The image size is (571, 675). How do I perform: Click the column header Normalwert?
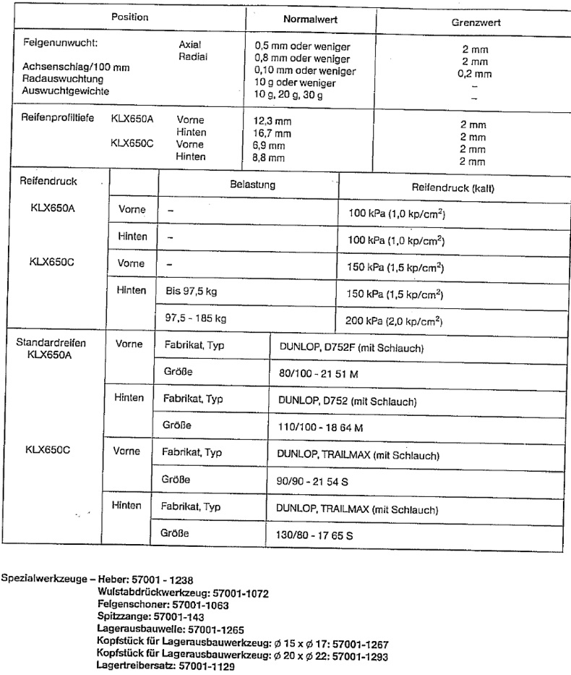coord(311,20)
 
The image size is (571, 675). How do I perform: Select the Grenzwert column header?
coord(475,22)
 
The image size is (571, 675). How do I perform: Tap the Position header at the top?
coord(129,16)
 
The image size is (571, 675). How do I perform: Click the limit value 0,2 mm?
coord(474,74)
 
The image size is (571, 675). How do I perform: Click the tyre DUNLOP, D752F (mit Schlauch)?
coord(351,348)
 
